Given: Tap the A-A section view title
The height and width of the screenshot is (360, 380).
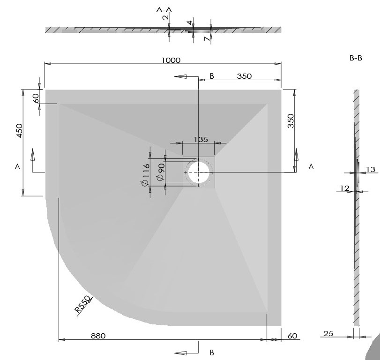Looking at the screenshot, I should point(164,9).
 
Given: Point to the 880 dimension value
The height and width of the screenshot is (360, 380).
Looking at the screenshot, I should point(98,336).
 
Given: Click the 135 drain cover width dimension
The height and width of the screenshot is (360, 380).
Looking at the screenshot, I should point(201,139).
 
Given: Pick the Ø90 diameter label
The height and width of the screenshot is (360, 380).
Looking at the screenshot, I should point(160,172).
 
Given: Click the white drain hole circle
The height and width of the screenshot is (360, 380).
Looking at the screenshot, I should point(198,172).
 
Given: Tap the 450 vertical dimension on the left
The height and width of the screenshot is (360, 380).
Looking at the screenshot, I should point(19,130).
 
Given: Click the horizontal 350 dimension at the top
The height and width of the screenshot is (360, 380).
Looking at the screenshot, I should point(244,76).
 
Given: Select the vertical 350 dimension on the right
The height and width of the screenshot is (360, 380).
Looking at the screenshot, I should point(291,121).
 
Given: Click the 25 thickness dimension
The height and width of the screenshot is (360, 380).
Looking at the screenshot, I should point(328,333).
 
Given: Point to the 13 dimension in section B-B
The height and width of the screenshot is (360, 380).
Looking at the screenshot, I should point(371,169).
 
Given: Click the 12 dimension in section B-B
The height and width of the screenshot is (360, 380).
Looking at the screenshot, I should point(345,188).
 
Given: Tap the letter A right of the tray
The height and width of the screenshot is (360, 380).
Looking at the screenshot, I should point(311,167).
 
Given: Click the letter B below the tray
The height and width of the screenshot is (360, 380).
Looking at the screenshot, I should point(212,352).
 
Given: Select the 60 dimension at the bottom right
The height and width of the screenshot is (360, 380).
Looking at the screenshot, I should point(292,336).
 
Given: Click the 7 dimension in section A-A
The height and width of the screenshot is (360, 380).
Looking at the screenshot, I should point(206,39).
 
